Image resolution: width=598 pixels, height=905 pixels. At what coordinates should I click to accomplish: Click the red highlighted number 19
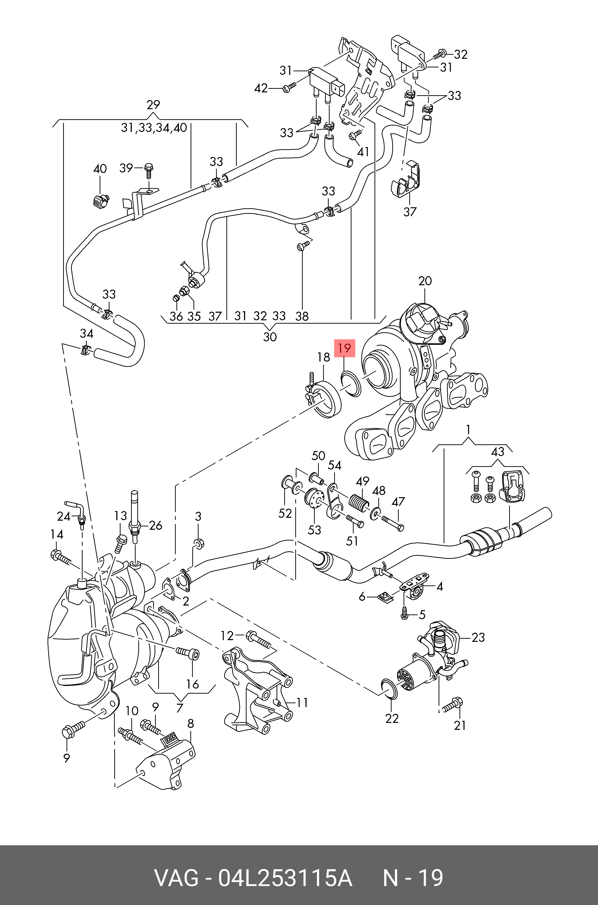344,348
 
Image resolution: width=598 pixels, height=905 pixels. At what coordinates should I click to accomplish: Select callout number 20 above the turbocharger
425,281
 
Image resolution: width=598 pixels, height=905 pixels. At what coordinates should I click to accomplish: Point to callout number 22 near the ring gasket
392,718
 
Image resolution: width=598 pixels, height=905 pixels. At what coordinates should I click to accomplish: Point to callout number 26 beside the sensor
156,525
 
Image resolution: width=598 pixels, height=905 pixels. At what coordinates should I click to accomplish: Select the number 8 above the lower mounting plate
190,723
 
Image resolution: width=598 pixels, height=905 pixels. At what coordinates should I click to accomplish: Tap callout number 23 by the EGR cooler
478,637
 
